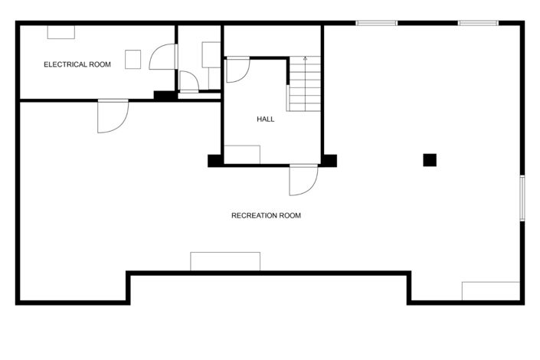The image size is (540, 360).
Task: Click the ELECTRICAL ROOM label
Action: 77,64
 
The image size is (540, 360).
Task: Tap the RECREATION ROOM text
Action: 266,215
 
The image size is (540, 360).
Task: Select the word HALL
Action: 265,119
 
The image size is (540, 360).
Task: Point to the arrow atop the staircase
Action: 305,58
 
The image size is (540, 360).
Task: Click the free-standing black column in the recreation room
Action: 430,159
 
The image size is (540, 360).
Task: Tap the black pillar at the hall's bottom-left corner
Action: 215,160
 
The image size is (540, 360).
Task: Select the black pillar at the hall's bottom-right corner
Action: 329,160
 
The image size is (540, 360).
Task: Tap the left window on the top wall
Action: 377,23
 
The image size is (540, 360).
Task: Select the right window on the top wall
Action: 479,23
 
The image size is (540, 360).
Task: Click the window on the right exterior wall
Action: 522,199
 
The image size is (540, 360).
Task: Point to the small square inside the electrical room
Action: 133,59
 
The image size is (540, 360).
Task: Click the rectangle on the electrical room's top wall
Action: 61,31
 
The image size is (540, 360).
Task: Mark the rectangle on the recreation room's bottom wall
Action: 225,261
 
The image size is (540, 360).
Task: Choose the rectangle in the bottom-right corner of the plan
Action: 491,291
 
